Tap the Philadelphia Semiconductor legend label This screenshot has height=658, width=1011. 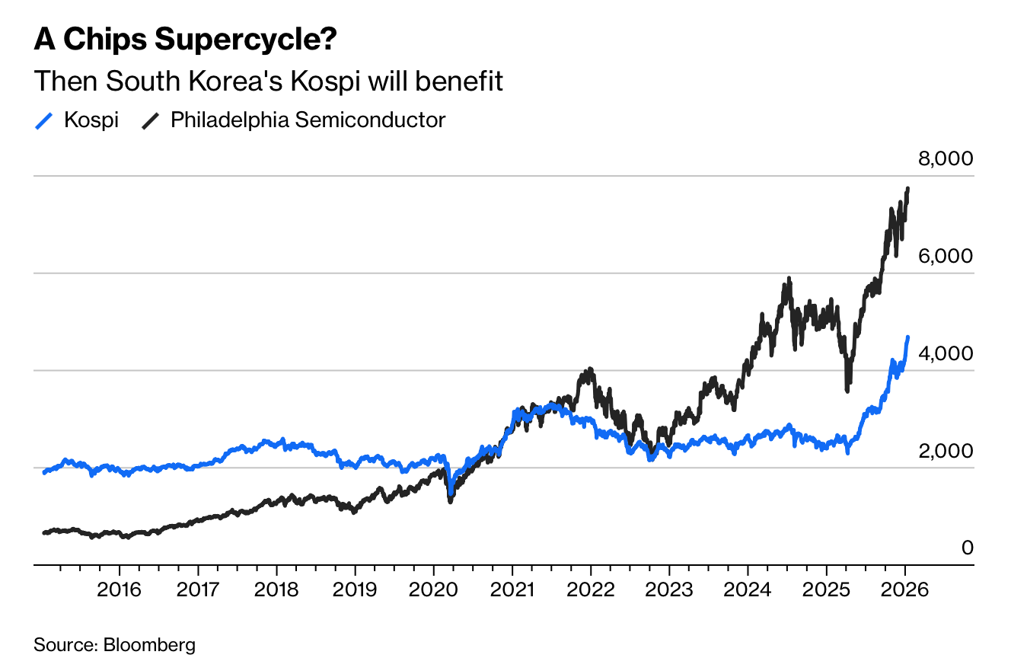click(308, 120)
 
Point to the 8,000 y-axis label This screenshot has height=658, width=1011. click(946, 158)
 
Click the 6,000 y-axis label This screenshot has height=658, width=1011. click(946, 256)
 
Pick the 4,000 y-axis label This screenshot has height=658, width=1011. click(946, 353)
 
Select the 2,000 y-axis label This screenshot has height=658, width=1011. click(946, 451)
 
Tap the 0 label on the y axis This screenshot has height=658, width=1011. click(967, 548)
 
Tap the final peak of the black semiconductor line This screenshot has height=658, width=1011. click(907, 188)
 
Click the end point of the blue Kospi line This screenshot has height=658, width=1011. click(907, 337)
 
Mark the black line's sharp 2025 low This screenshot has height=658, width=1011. click(847, 390)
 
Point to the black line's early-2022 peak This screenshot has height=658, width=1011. click(588, 370)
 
